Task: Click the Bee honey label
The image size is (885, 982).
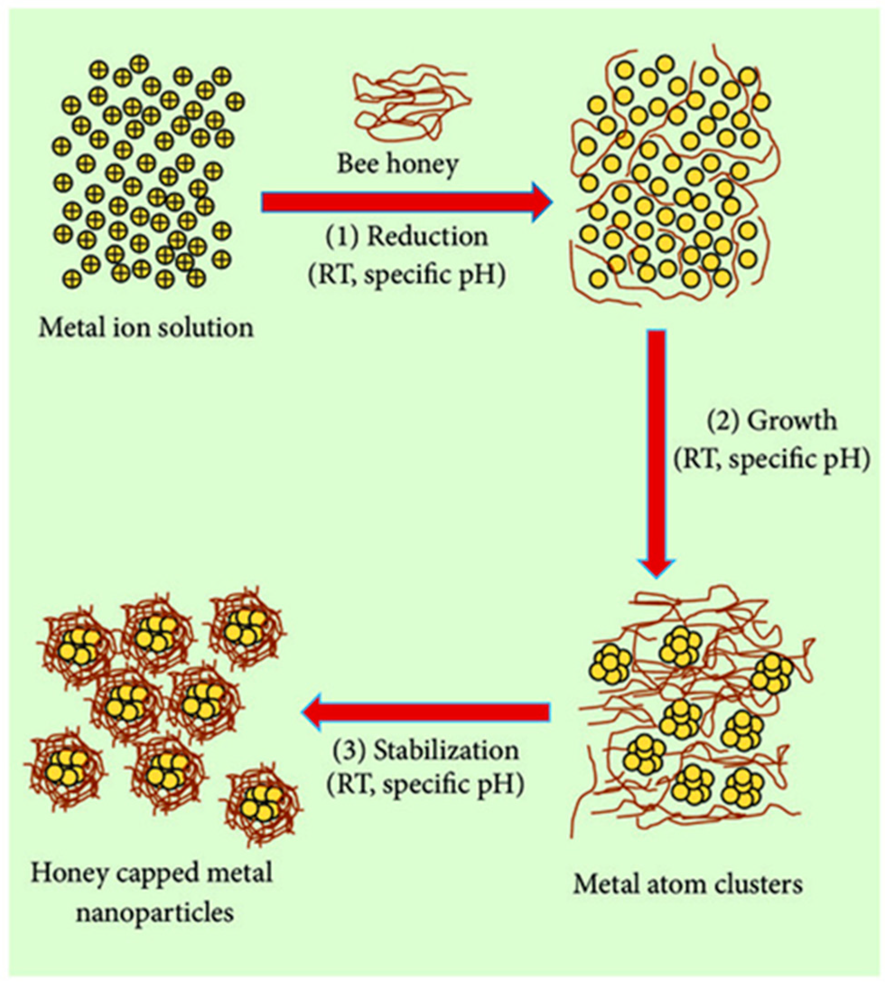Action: pyautogui.click(x=398, y=164)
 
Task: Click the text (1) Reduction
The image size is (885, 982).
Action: pyautogui.click(x=406, y=237)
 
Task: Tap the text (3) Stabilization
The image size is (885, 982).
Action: pyautogui.click(x=425, y=751)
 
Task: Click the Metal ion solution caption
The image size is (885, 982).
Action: pyautogui.click(x=146, y=328)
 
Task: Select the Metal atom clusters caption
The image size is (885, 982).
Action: pyautogui.click(x=688, y=884)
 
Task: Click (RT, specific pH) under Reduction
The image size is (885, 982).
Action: pyautogui.click(x=406, y=275)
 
